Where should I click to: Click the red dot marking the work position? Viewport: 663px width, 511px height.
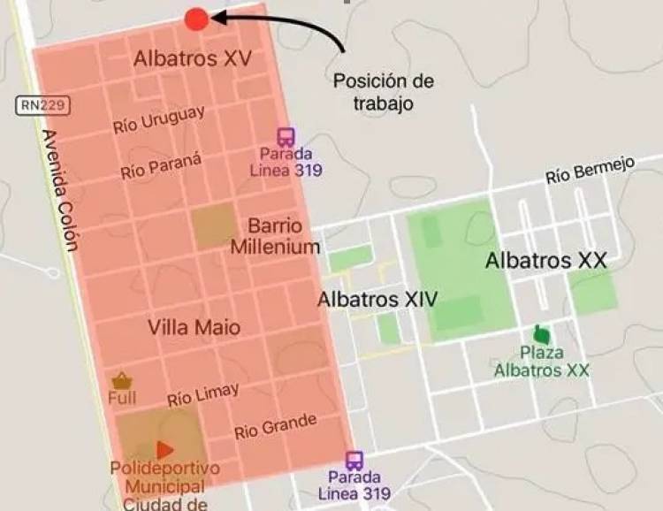(197, 19)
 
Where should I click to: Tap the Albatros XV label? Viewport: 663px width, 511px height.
(193, 58)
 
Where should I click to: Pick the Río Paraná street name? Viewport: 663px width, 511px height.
(162, 164)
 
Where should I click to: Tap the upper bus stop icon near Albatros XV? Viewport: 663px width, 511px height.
(286, 137)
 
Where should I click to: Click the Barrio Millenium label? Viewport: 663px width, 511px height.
(275, 235)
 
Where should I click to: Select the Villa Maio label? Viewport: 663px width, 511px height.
(194, 327)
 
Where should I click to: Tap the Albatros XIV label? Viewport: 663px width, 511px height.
(377, 299)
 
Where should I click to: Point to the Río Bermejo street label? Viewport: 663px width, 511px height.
(591, 171)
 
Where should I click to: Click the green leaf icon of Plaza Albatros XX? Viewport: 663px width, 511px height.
(541, 335)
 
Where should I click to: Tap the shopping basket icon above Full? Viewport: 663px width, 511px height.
(122, 380)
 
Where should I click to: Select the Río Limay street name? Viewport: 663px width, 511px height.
(202, 394)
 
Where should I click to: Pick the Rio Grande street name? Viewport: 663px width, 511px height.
(275, 427)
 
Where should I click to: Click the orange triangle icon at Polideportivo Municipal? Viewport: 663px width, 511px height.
(164, 450)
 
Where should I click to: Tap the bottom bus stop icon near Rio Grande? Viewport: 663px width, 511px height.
(354, 461)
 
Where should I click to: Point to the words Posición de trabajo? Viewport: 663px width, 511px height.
(384, 92)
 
